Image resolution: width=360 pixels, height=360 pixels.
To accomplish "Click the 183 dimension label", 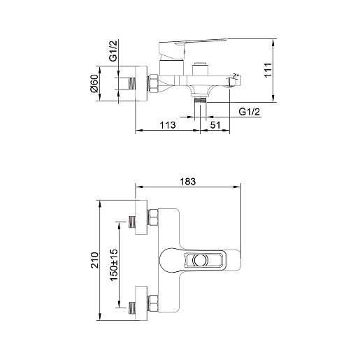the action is pos(188,181).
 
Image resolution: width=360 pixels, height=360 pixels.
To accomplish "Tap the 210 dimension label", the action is pos(95,260).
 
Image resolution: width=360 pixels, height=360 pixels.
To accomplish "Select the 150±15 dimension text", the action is pos(114,265).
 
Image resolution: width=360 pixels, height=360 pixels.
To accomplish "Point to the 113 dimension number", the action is pos(168,125).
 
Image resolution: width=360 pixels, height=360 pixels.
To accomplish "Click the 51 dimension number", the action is pos(215,125).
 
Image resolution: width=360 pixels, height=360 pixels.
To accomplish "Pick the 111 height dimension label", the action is pos(268,70).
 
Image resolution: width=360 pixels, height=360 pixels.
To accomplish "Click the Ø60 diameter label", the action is pos(95,83).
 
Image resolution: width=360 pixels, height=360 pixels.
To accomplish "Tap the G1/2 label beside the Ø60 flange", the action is pos(114,50).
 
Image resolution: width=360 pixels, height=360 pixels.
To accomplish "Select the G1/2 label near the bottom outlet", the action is pos(249,112).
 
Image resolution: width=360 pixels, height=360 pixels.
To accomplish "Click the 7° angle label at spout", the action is pos(236,75).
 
